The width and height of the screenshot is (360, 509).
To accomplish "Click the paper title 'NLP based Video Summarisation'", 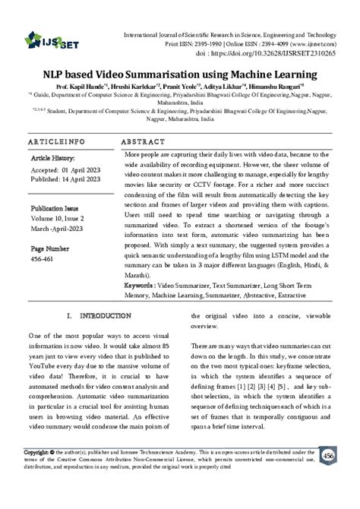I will [x=179, y=74].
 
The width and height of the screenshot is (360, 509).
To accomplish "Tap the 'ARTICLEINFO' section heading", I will [x=56, y=143].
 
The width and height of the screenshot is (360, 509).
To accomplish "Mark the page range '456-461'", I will [x=43, y=258].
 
